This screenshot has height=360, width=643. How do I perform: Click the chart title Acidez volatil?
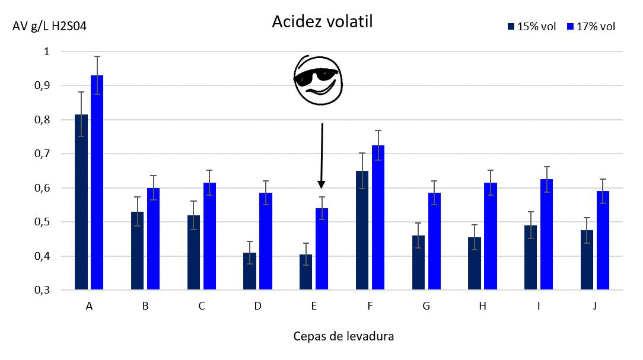[x=322, y=21]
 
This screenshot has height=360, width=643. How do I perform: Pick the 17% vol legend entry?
[x=591, y=27]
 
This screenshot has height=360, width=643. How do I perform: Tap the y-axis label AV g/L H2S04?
[x=50, y=27]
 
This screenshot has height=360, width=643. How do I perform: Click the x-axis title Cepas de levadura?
[x=343, y=336]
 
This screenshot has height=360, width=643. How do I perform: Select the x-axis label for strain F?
[x=370, y=307]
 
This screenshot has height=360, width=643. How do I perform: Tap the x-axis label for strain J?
[x=594, y=307]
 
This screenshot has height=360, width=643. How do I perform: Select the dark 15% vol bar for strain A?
[x=81, y=202]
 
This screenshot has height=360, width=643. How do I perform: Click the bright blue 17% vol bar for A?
[x=97, y=183]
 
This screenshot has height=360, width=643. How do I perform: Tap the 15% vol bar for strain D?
[x=250, y=272]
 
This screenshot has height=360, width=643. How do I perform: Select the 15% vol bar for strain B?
[x=137, y=251]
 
